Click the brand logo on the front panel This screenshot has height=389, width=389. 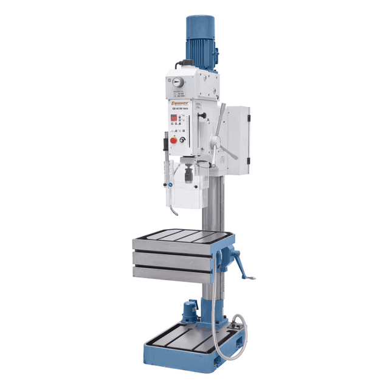181,105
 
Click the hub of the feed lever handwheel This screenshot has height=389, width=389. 214,142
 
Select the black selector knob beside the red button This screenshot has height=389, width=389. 190,140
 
